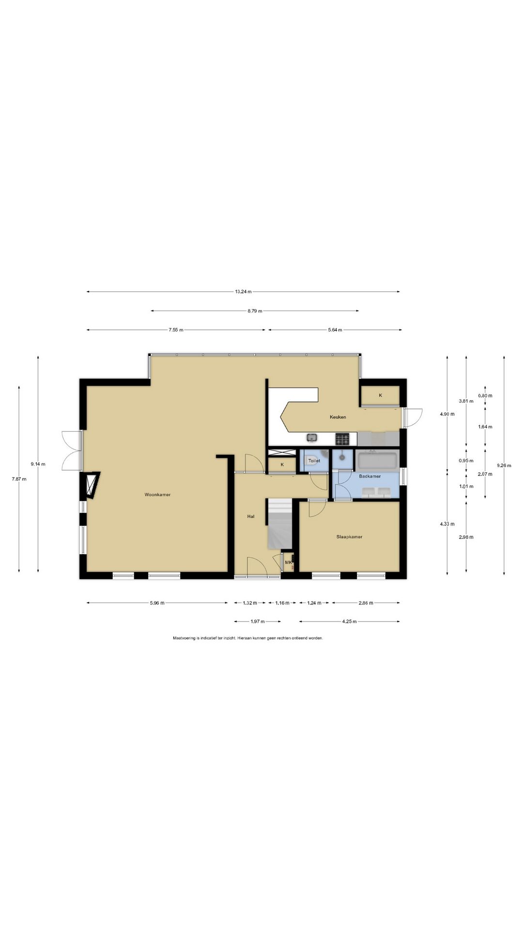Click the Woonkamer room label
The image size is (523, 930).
157,495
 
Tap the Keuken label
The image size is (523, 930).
338,417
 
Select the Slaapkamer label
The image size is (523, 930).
349,537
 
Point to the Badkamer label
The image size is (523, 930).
369,476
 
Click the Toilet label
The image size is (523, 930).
314,461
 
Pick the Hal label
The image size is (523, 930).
251,516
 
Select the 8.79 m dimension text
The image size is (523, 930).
255,310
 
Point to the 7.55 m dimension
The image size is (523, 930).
176,330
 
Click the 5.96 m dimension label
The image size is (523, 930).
156,603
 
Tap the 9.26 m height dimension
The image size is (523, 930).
504,465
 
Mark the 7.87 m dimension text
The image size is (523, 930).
19,479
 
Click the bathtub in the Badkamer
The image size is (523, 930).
377,460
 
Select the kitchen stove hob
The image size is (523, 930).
342,439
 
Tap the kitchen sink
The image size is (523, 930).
312,438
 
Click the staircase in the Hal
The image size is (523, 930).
279,524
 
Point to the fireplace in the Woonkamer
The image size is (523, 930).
91,484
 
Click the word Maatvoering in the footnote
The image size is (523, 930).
185,638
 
